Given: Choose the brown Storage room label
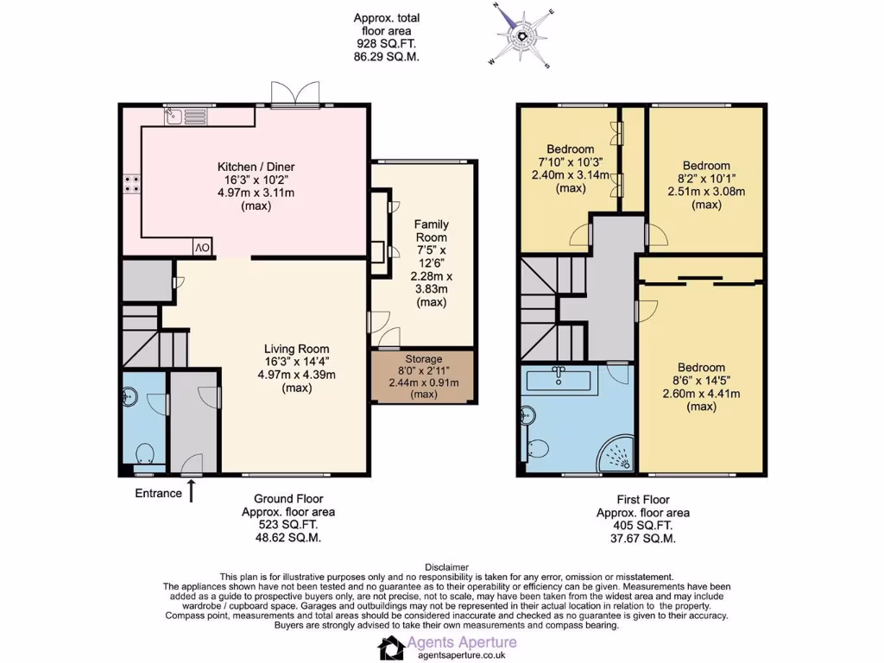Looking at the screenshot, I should (x=423, y=358).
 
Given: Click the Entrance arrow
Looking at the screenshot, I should (x=192, y=492).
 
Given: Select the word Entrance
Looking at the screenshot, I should (x=158, y=494).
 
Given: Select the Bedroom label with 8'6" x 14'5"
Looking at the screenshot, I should (x=701, y=367).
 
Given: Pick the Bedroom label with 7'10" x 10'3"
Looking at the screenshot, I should (x=570, y=148).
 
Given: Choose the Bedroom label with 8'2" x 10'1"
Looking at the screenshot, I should (x=706, y=166).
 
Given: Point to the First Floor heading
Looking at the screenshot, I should (x=642, y=499).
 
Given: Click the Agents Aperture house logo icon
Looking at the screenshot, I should (x=392, y=647).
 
